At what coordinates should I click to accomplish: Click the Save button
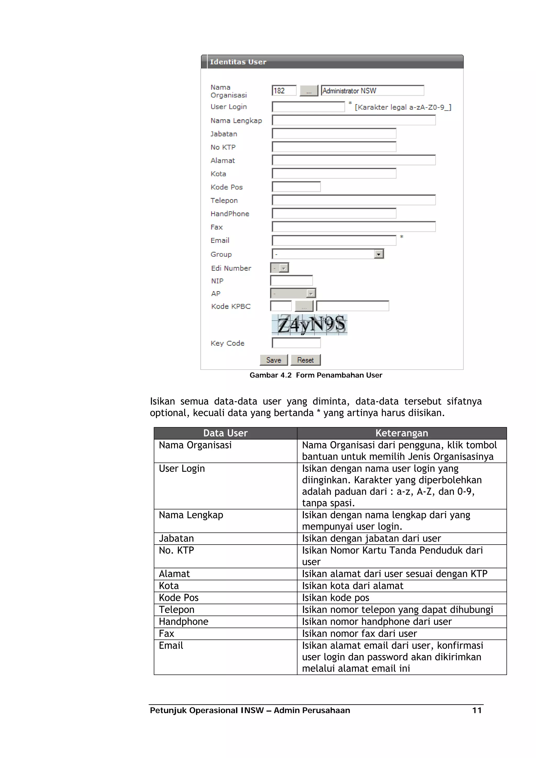tap(273, 360)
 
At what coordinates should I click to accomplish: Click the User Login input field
tap(308, 107)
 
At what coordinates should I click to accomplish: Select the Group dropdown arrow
tap(378, 254)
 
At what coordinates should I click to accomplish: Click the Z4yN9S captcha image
tap(309, 325)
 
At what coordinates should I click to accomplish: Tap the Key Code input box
tap(296, 343)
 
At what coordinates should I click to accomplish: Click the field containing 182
tap(284, 90)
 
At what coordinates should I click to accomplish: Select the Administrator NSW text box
tap(372, 90)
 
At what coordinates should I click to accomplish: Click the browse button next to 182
tap(309, 91)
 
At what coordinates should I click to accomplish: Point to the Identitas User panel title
tap(238, 62)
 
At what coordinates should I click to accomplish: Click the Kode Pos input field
tap(296, 187)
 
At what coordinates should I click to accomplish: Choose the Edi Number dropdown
tap(280, 268)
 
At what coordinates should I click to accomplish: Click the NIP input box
tap(291, 281)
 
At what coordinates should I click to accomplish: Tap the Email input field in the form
tap(334, 240)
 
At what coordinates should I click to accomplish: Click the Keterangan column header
tap(401, 433)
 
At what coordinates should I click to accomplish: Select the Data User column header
tap(225, 433)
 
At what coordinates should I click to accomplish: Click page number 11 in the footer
tap(477, 710)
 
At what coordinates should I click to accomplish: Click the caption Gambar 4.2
tap(270, 375)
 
